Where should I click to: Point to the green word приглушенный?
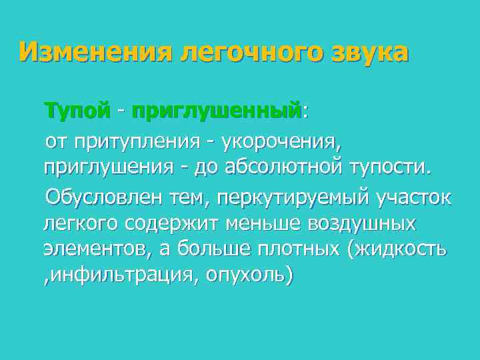click(217, 110)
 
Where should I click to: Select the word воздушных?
click(363, 223)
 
